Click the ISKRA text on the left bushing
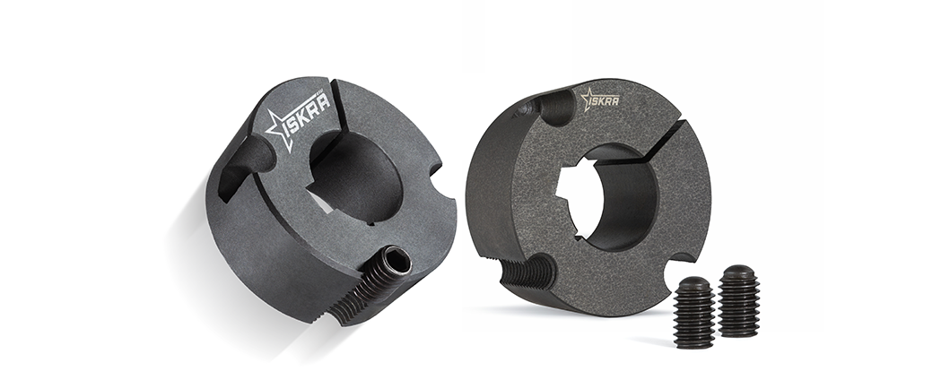(x=309, y=113)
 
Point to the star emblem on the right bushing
(x=587, y=99)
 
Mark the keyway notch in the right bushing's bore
(x=569, y=194)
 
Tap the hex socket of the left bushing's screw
(x=401, y=264)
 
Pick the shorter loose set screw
(x=693, y=312)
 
